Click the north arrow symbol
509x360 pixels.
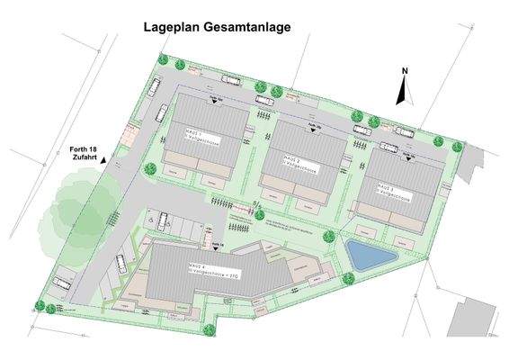[405, 90]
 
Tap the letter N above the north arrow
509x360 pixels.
[406, 70]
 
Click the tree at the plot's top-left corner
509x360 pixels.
[163, 61]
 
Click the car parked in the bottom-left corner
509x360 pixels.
[60, 283]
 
